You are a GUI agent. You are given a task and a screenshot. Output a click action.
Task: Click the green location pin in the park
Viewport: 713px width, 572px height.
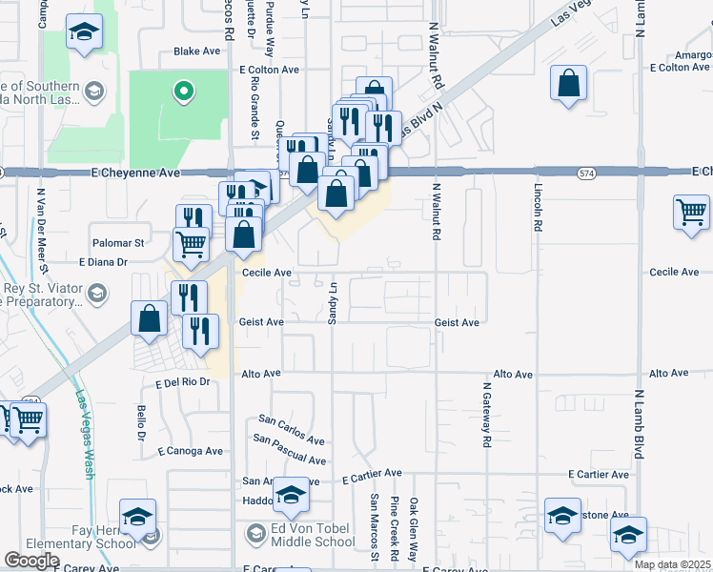pyautogui.click(x=183, y=92)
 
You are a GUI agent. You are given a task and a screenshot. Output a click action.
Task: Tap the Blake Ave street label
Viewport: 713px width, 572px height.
pyautogui.click(x=196, y=51)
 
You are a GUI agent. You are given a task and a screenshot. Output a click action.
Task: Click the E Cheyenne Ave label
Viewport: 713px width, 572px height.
pyautogui.click(x=133, y=174)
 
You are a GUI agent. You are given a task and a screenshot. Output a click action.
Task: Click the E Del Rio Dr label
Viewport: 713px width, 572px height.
pyautogui.click(x=181, y=382)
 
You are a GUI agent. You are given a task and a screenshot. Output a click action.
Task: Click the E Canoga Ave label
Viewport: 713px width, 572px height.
pyautogui.click(x=191, y=451)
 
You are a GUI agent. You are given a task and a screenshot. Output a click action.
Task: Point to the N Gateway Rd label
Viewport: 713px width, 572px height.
pyautogui.click(x=485, y=416)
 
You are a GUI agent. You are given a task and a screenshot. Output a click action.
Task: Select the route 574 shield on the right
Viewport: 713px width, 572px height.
pyautogui.click(x=585, y=173)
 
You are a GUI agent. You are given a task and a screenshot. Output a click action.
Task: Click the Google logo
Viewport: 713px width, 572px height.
pyautogui.click(x=32, y=561)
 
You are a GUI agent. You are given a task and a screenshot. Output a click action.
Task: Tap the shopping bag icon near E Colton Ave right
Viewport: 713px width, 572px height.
pyautogui.click(x=568, y=83)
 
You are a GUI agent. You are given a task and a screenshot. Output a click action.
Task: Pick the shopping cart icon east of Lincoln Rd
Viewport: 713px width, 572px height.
pyautogui.click(x=691, y=212)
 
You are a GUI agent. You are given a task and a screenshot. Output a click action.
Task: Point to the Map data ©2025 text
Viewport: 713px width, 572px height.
pyautogui.click(x=672, y=564)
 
